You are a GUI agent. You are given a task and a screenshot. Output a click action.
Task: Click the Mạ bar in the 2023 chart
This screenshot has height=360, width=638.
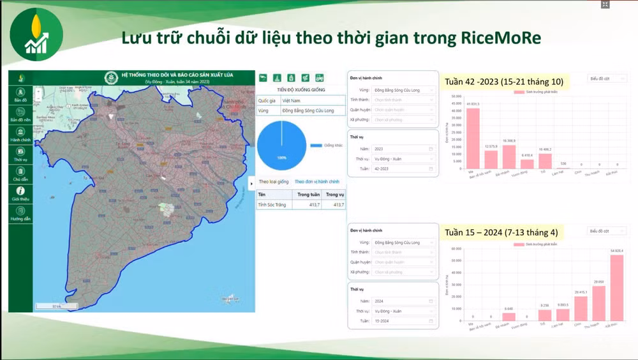473,138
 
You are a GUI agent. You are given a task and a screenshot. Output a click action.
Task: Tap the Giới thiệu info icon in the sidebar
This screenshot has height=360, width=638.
20,191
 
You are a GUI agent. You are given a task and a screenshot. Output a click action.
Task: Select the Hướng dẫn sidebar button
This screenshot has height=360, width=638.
20,214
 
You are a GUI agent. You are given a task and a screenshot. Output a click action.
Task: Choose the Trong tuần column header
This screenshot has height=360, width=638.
308,194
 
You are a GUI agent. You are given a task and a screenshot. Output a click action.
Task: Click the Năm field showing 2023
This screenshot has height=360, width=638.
403,149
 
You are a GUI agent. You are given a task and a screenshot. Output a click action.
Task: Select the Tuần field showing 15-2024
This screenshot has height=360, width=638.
403,321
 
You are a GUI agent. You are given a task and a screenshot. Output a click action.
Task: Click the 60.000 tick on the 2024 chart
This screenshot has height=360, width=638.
456,249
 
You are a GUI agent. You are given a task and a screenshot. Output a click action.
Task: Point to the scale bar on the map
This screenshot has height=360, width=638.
57,306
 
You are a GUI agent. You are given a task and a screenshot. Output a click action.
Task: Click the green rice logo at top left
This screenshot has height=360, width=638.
36,34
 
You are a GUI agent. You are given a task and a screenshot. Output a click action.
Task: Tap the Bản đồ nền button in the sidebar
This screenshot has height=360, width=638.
20,115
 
